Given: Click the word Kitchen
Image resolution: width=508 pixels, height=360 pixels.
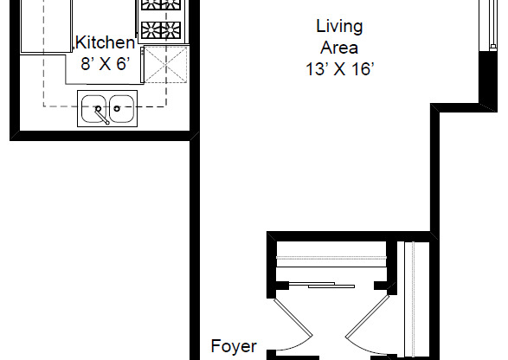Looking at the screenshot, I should tap(106, 42).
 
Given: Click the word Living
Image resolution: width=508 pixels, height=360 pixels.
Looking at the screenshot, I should tap(338, 27).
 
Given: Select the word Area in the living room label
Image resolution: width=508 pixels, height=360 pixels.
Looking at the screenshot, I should tap(338, 48).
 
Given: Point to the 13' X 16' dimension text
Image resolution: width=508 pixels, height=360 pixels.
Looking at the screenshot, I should tap(338, 70).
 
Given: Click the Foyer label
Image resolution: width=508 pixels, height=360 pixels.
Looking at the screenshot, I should tap(235, 347).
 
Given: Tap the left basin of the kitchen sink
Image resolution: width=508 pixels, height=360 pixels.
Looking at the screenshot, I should tap(93, 109).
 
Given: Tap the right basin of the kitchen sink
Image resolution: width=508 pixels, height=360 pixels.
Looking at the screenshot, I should tap(122, 109).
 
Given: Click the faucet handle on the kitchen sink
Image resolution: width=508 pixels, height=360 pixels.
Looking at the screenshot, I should tap(103, 115).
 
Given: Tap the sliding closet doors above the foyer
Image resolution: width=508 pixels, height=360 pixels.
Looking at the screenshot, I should tap(330, 284).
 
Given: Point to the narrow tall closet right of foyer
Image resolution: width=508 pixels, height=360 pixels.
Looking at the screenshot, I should tap(415, 299).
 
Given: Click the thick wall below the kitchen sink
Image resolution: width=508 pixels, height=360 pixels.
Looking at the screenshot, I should tap(100, 134).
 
